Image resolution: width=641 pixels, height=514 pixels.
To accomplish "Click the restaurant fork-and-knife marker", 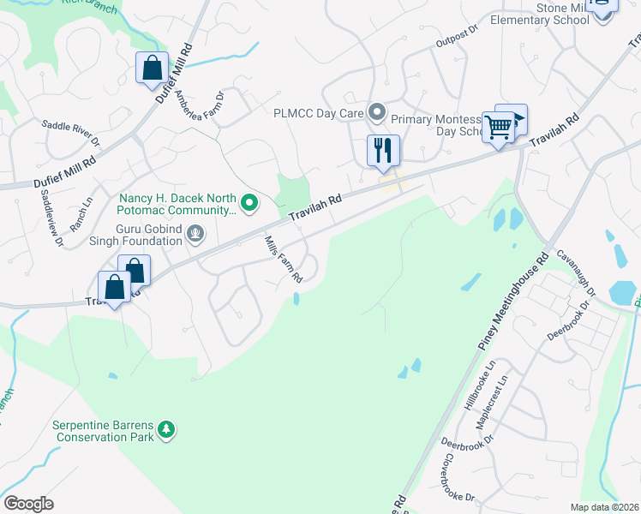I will click(x=383, y=151).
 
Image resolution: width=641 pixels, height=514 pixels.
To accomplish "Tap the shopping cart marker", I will click(x=498, y=128).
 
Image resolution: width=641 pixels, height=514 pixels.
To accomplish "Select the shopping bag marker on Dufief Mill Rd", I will click(x=152, y=69).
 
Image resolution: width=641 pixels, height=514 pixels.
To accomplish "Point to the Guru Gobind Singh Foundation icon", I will click(x=196, y=231).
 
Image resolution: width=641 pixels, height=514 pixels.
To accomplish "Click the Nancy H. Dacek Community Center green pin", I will click(x=249, y=202).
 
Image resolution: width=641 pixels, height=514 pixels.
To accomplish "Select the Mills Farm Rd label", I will click(x=284, y=260).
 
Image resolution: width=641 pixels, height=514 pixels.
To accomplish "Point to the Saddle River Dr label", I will click(x=72, y=133).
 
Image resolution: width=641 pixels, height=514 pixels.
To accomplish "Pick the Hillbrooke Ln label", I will click(x=480, y=385).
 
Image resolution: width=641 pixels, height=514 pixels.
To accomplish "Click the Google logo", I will click(x=28, y=504).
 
